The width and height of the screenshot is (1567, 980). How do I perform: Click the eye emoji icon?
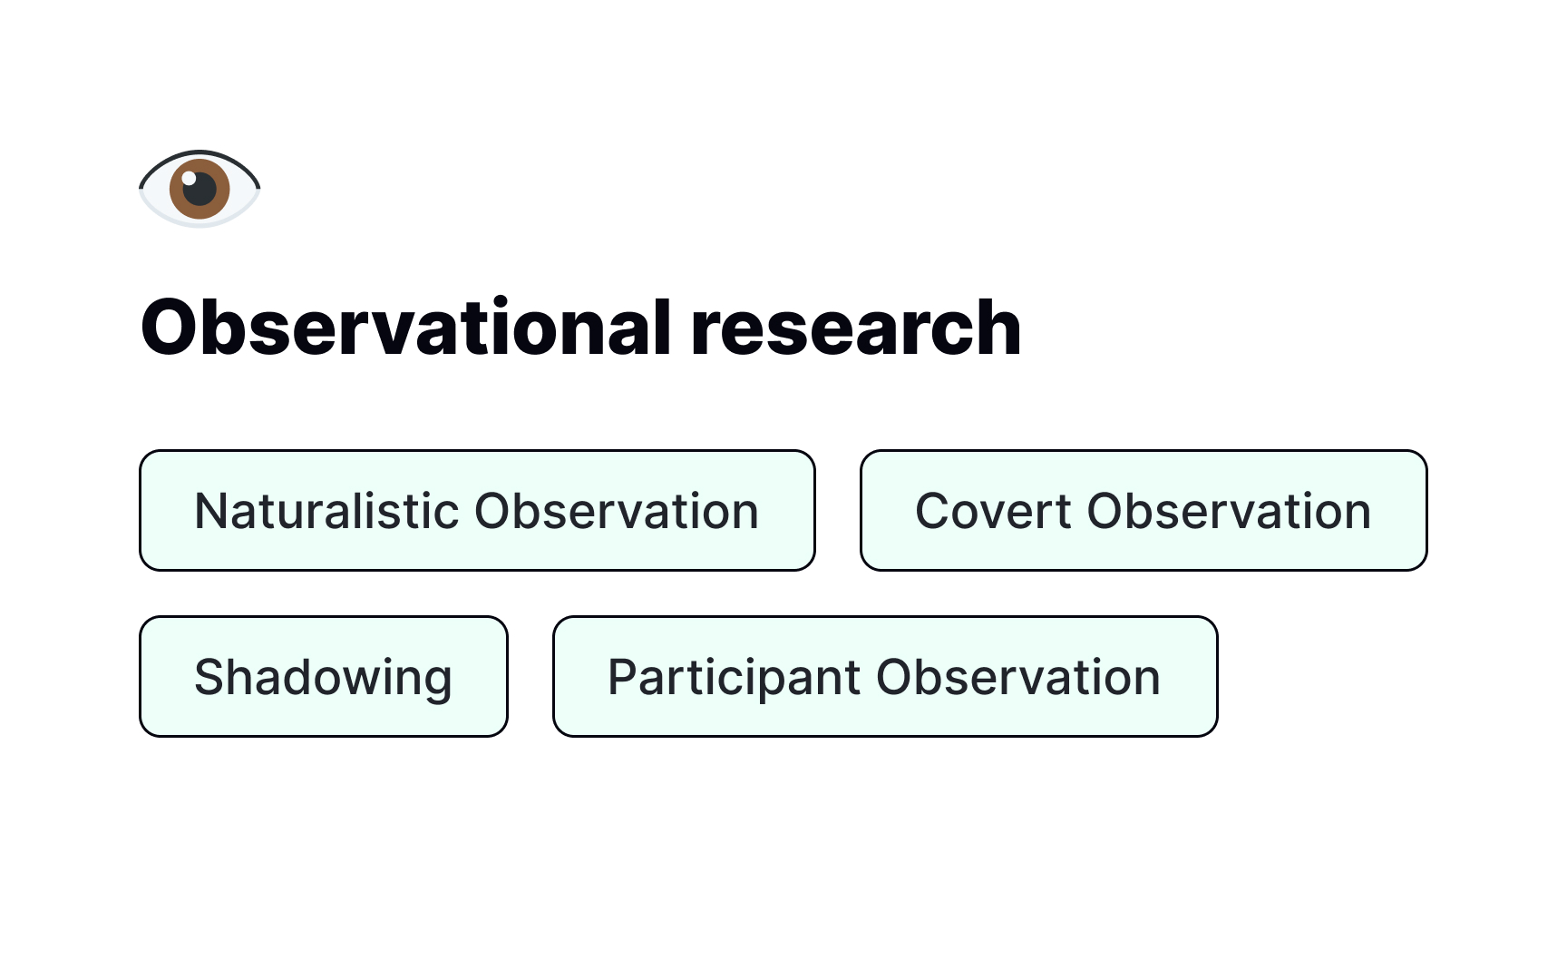tap(200, 189)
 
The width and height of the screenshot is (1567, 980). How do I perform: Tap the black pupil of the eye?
tap(200, 190)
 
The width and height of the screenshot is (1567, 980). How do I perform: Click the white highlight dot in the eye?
tap(189, 178)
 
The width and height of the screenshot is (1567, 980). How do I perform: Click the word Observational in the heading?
tap(405, 328)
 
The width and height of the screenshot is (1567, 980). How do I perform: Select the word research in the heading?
tap(855, 328)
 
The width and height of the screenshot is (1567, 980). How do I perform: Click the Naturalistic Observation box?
tap(477, 510)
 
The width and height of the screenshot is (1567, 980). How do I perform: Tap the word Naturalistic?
tap(327, 511)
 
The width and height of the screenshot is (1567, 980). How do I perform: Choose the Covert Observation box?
tap(1144, 510)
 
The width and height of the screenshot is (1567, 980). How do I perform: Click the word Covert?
tap(993, 511)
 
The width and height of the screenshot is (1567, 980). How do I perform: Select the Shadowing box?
tap(323, 676)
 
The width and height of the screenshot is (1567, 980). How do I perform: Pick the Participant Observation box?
tap(884, 676)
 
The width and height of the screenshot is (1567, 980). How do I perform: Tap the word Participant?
tap(734, 678)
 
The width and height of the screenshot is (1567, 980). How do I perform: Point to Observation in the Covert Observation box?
tap(1229, 511)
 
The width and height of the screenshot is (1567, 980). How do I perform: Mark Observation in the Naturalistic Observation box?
tap(617, 511)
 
